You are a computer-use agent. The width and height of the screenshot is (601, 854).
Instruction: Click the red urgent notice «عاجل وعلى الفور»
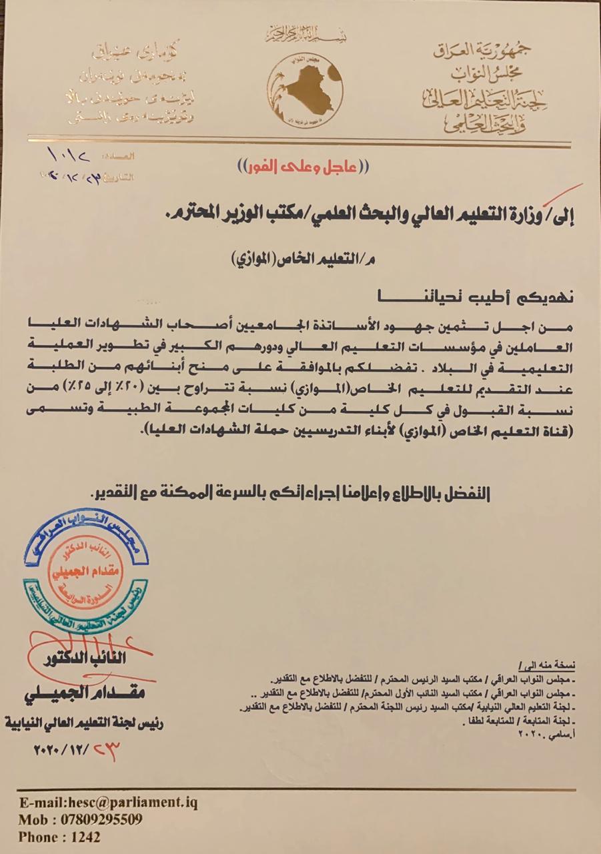tap(299, 166)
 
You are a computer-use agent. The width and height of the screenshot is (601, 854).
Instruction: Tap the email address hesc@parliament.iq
tap(108, 803)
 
